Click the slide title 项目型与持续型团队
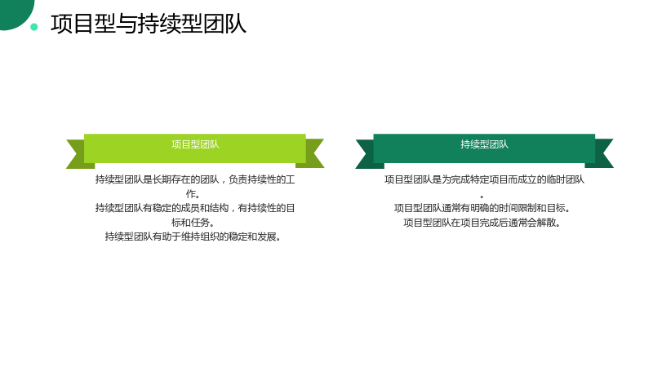point(149,24)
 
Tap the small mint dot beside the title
point(34,27)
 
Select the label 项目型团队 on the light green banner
point(195,144)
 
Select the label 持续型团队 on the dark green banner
point(484,144)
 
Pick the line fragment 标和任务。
point(193,222)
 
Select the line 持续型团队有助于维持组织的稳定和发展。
point(193,237)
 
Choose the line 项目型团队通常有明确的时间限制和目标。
point(482,208)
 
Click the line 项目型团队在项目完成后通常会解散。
point(482,222)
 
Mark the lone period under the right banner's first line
point(482,197)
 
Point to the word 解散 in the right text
point(546,222)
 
